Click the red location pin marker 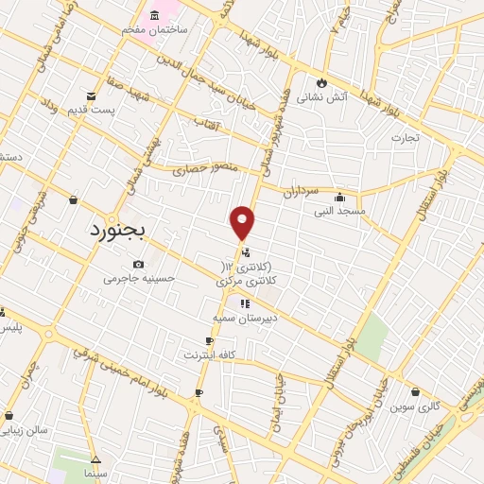(x=243, y=223)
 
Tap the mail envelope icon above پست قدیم (x=91, y=95)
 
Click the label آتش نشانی (x=322, y=96)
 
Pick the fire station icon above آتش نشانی (x=322, y=82)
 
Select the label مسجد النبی (x=341, y=212)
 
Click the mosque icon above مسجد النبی (x=339, y=198)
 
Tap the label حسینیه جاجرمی (x=139, y=279)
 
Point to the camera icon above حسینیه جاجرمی (x=139, y=264)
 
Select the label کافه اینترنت (x=215, y=354)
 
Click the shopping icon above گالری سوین (x=415, y=391)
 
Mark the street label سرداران (x=302, y=188)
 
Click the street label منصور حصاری (x=202, y=172)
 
